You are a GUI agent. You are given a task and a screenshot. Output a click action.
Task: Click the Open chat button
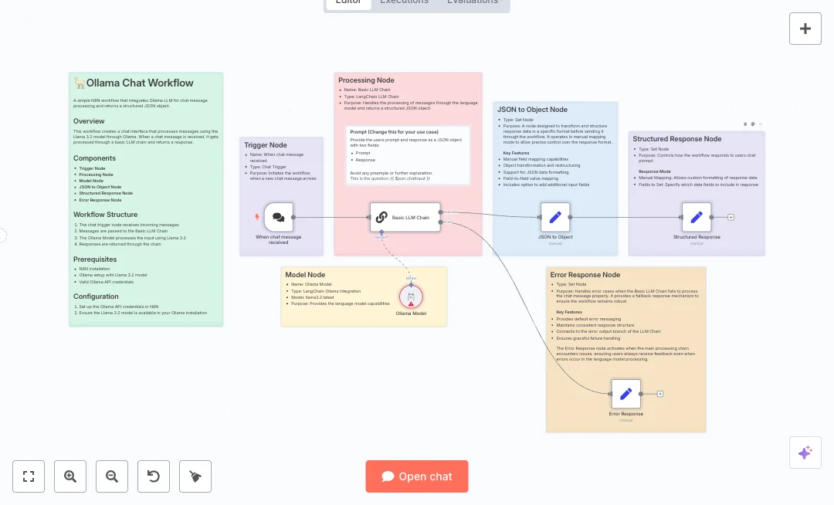coord(417,476)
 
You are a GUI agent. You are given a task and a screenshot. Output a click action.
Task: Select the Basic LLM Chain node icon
coord(381,218)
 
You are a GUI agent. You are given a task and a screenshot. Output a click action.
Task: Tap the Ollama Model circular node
coord(412,297)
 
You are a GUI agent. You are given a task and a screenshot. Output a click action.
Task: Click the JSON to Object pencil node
coord(555,218)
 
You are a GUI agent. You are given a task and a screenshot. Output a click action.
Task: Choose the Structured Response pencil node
coord(697,218)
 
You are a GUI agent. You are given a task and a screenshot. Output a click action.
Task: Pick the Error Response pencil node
coord(626,394)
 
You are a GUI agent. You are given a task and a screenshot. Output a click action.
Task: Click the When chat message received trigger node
coord(279,218)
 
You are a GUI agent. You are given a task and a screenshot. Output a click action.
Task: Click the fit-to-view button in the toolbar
coord(29,476)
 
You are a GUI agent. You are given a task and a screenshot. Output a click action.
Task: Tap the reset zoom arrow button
coord(154,476)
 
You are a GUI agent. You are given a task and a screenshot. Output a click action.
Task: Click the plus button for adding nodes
coord(805,29)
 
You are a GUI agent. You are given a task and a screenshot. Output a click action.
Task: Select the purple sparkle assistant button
coord(805,452)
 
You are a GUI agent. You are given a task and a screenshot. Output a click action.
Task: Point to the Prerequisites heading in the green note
coord(95,259)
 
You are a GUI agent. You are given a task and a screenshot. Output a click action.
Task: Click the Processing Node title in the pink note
coord(366,80)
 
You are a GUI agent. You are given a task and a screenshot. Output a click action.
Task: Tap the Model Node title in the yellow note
coord(305,275)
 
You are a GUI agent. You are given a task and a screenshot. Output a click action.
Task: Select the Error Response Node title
coord(585,275)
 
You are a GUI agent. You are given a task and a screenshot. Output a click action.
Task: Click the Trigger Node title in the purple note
coord(266,145)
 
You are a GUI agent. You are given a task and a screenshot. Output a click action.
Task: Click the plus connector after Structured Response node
coord(731,217)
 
